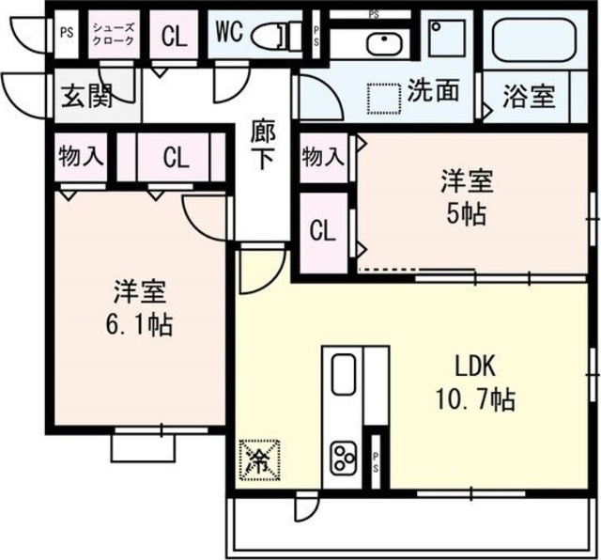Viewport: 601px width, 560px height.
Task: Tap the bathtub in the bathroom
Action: pyautogui.click(x=534, y=39)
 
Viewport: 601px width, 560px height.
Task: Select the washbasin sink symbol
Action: pyautogui.click(x=384, y=43)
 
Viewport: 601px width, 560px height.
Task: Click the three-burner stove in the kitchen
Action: pyautogui.click(x=345, y=457)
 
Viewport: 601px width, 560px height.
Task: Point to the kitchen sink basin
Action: pyautogui.click(x=344, y=374)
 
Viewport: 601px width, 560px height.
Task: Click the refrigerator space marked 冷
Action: pyautogui.click(x=259, y=459)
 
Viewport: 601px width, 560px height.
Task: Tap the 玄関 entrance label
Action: pyautogui.click(x=87, y=96)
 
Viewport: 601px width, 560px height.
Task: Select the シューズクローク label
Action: pyautogui.click(x=114, y=34)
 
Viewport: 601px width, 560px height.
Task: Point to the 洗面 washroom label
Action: pyautogui.click(x=433, y=90)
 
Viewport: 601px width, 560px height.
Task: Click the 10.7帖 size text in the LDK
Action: pyautogui.click(x=475, y=399)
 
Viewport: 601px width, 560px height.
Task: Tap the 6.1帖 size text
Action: pyautogui.click(x=139, y=324)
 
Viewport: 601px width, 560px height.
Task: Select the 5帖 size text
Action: pyautogui.click(x=467, y=213)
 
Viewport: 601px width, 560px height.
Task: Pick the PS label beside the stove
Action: pyautogui.click(x=376, y=462)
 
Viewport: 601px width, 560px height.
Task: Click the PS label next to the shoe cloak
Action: pyautogui.click(x=67, y=32)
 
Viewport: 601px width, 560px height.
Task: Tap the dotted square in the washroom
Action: pyautogui.click(x=384, y=99)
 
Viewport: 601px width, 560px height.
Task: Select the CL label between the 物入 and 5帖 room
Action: pyautogui.click(x=322, y=231)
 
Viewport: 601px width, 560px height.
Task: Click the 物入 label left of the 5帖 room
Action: pyautogui.click(x=322, y=157)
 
